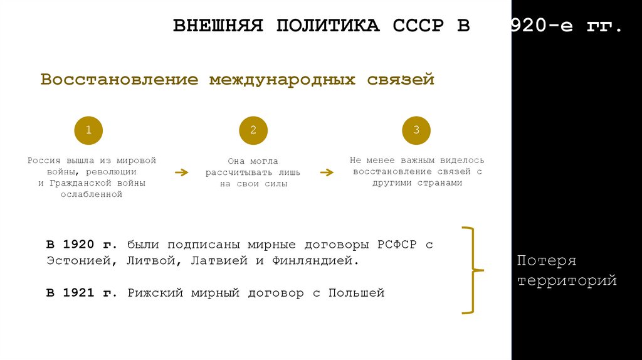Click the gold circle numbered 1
click(x=88, y=130)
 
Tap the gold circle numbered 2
click(x=253, y=130)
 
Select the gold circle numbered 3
click(x=417, y=130)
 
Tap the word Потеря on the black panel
click(x=547, y=260)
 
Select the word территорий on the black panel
click(x=567, y=280)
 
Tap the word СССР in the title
click(x=418, y=27)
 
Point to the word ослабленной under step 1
click(x=92, y=194)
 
